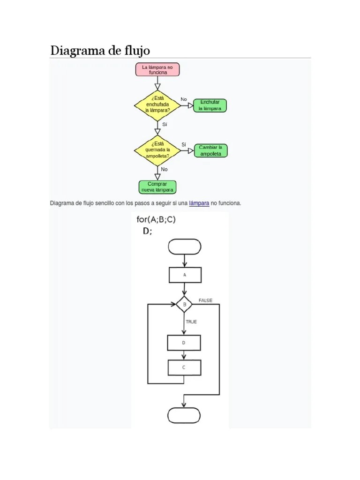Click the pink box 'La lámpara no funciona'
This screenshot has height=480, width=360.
point(157,70)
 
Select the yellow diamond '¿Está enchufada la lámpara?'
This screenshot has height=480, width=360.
point(157,105)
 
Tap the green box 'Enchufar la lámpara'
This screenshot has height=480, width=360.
point(210,105)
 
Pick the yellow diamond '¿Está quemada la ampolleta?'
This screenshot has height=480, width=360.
point(157,150)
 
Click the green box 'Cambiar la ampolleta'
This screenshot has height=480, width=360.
point(210,150)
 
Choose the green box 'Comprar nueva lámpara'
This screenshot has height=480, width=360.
point(157,187)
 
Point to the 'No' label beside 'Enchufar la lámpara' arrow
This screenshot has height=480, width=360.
point(184,99)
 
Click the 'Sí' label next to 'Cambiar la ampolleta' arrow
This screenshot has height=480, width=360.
point(184,144)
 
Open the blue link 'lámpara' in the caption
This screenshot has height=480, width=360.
point(199,203)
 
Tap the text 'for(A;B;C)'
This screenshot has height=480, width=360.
point(156,219)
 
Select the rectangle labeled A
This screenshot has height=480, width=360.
point(185,275)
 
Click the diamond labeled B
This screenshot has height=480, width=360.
point(184,304)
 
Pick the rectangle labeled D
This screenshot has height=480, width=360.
point(184,343)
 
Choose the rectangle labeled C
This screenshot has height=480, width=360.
point(184,367)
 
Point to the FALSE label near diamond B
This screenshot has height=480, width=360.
point(205,300)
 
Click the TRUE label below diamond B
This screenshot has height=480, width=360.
point(191,322)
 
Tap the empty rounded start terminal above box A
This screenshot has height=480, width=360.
point(184,247)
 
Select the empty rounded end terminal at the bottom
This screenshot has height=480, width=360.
point(184,415)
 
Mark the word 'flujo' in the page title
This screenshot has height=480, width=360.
point(136,50)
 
